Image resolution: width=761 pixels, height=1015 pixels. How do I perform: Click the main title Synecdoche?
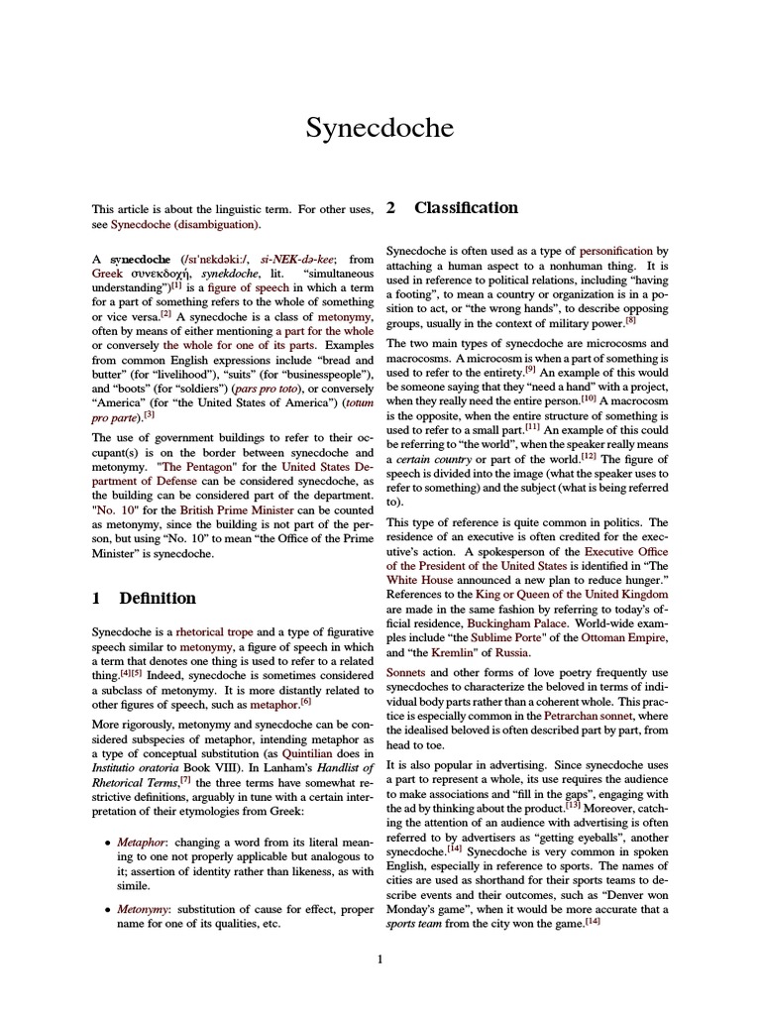tap(380, 129)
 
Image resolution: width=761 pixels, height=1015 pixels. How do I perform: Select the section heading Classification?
tap(466, 208)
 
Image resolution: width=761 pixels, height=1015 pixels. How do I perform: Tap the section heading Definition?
tap(158, 598)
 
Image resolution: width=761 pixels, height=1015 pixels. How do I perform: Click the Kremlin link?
tap(444, 653)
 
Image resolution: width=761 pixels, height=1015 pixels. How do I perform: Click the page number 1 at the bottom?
tap(380, 959)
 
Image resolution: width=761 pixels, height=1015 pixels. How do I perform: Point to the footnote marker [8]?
tap(630, 320)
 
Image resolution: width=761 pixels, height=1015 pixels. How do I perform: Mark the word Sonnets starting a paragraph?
tap(406, 672)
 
